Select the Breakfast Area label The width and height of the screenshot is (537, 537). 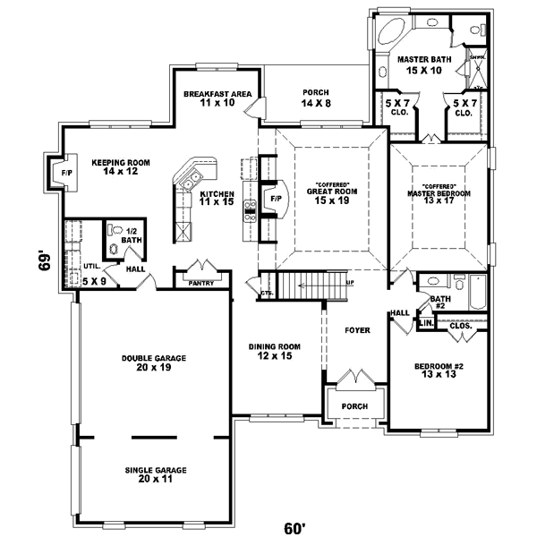click(x=217, y=98)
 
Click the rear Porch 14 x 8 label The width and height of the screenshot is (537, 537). click(x=316, y=98)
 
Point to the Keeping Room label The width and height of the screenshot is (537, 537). click(x=120, y=166)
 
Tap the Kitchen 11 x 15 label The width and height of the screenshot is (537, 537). click(x=217, y=199)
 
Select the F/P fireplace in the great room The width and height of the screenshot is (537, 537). click(x=276, y=197)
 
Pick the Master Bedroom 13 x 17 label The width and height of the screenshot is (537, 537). click(x=439, y=193)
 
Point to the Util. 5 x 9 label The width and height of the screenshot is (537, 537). click(x=92, y=275)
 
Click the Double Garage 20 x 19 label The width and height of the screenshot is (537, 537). click(x=154, y=362)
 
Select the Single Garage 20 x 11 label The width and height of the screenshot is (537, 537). click(x=154, y=474)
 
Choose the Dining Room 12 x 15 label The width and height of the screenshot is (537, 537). click(x=275, y=352)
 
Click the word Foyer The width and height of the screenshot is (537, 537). click(x=357, y=330)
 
